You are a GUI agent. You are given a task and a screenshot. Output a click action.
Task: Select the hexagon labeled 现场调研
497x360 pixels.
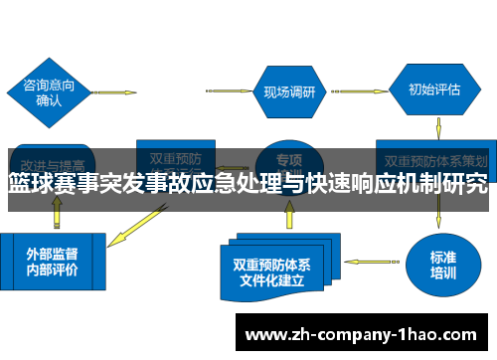pyautogui.click(x=289, y=92)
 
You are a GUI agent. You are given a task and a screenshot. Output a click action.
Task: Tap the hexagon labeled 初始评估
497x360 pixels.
pyautogui.click(x=434, y=90)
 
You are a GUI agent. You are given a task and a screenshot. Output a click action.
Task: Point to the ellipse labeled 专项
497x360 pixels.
pyautogui.click(x=288, y=158)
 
